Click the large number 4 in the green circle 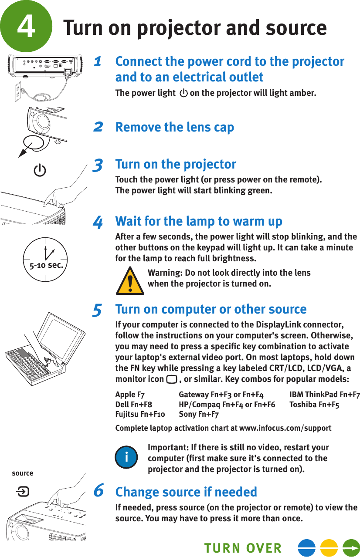[26, 27]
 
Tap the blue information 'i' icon [126, 456]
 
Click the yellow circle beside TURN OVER [329, 548]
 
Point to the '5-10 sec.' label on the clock [45, 264]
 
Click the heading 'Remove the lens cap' [174, 127]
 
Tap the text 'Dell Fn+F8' [133, 405]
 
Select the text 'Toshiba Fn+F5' [314, 405]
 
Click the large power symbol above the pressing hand [40, 170]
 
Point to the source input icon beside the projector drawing [23, 492]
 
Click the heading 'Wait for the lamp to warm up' [199, 221]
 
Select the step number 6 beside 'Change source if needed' [99, 490]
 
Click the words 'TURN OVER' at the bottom [243, 548]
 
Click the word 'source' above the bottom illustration [23, 473]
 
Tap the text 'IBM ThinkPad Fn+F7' [324, 395]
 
